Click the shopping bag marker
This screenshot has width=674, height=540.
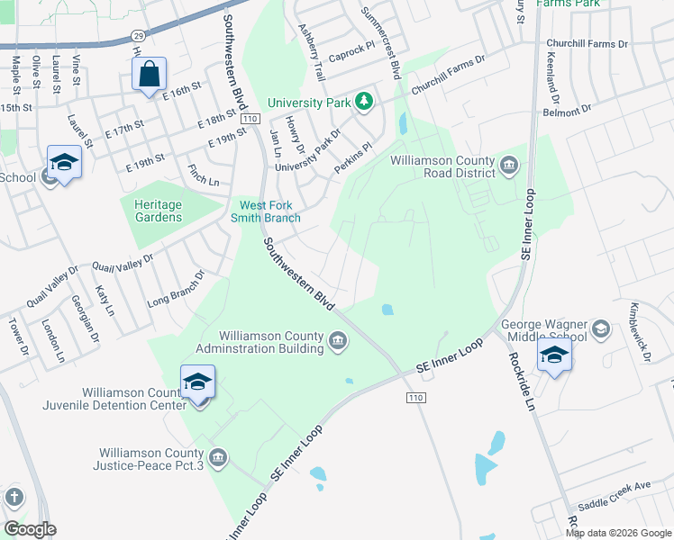pyautogui.click(x=150, y=76)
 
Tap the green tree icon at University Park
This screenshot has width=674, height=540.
pyautogui.click(x=364, y=101)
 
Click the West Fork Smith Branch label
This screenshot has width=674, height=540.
pyautogui.click(x=269, y=211)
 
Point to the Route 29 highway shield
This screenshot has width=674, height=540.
pyautogui.click(x=138, y=34)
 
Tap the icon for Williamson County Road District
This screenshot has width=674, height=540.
pyautogui.click(x=509, y=164)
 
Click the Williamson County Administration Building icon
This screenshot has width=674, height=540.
pyautogui.click(x=339, y=339)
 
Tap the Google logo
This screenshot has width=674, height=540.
pyautogui.click(x=30, y=528)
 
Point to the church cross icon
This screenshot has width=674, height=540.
pyautogui.click(x=14, y=497)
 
